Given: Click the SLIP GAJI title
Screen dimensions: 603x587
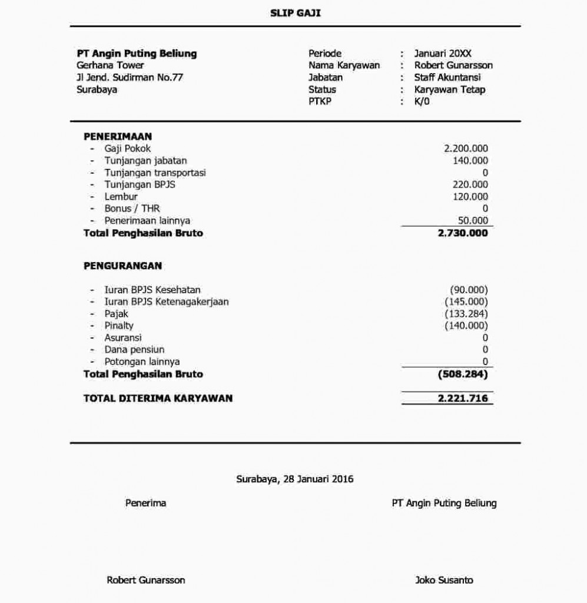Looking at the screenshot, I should pos(295,13).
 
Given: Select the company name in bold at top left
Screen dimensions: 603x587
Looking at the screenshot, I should pos(137,54).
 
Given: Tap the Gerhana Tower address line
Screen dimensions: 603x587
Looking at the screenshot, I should pos(110,65).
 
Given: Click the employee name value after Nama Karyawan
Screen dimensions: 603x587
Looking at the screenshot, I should pos(453,65).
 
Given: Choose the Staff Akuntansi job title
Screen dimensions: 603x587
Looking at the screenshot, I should pos(447,78).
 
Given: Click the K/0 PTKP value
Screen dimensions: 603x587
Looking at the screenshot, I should pos(422,101).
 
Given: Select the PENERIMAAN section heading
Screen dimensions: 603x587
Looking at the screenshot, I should pos(118,137).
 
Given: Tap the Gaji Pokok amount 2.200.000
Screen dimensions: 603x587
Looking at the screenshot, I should pos(466,149).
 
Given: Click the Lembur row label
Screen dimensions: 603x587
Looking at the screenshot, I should pos(121,197).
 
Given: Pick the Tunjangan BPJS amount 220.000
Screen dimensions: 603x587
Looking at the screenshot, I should pos(470,185).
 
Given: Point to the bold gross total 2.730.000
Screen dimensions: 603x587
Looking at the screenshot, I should pos(463,233).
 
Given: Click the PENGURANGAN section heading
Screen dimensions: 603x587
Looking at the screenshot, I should pos(122,266).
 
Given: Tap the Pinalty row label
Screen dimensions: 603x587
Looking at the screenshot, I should pos(119,326).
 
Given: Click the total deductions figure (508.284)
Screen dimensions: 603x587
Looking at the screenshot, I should pos(463,374).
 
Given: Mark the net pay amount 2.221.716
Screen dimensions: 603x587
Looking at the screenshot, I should pos(463,399).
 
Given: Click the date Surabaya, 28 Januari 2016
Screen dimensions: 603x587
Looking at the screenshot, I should pos(294,479).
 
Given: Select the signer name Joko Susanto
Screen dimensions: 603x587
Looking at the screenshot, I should pos(444,580).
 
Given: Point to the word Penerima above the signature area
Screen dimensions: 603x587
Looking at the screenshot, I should pos(145,503).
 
